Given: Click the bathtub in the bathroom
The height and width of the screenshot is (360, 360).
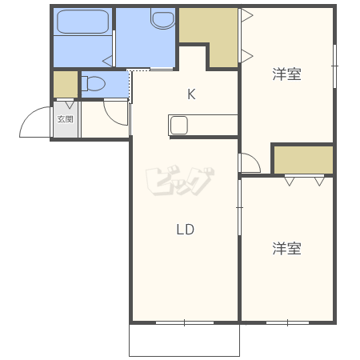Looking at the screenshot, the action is coord(83,22).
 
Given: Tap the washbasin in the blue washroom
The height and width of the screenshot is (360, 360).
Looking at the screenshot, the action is coord(162,18).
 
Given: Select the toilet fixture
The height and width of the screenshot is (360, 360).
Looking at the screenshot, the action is coord(94,83).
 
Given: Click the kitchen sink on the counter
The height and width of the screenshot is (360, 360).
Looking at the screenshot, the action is coord(179,125).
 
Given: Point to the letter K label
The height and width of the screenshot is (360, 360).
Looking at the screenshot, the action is coord(191,94).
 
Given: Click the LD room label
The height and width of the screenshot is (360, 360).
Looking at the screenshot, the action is coord(186,230).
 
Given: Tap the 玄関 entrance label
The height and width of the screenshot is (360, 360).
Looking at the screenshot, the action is coord(66,119).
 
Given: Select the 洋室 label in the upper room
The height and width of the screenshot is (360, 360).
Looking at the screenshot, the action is coord(286,74).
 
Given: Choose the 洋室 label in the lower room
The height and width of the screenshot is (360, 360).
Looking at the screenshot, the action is coord(286,248).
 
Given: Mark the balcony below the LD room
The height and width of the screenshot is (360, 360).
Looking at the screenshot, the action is coord(184,340).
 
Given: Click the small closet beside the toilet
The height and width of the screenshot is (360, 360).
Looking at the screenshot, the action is coord(66,84).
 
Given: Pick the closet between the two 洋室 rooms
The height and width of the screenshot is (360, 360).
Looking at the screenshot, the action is coord(303,160).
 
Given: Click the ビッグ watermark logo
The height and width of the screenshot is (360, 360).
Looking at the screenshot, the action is coord(179,181).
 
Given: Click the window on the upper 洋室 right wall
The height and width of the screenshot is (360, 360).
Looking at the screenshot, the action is coord(335,66).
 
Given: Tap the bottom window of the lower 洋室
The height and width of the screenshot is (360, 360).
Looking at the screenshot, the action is coord(287,322).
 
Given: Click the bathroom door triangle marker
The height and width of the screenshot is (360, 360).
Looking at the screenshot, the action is coord(108,62).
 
